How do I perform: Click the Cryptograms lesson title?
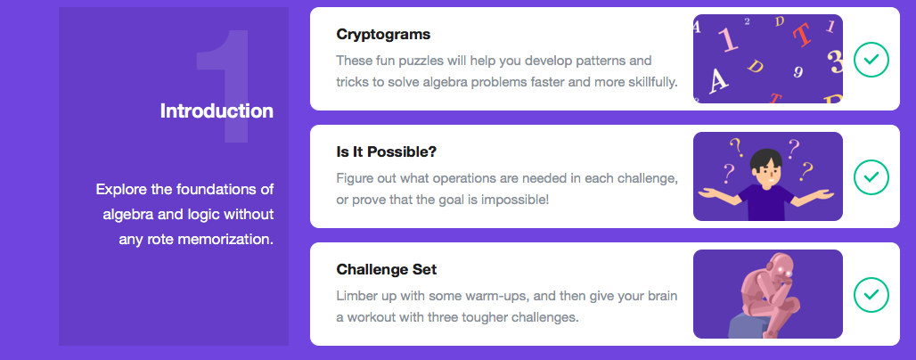[383, 35]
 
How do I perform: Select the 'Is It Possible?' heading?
[386, 152]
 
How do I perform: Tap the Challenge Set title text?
[386, 269]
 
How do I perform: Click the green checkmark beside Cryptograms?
[871, 59]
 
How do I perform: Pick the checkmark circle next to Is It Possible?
[871, 176]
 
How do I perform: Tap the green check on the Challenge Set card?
[871, 295]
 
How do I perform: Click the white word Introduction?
[217, 111]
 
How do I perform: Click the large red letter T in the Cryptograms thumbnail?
[803, 35]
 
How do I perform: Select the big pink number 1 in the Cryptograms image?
[729, 40]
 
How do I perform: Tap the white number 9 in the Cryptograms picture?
[798, 72]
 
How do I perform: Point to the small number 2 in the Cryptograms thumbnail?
[747, 21]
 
